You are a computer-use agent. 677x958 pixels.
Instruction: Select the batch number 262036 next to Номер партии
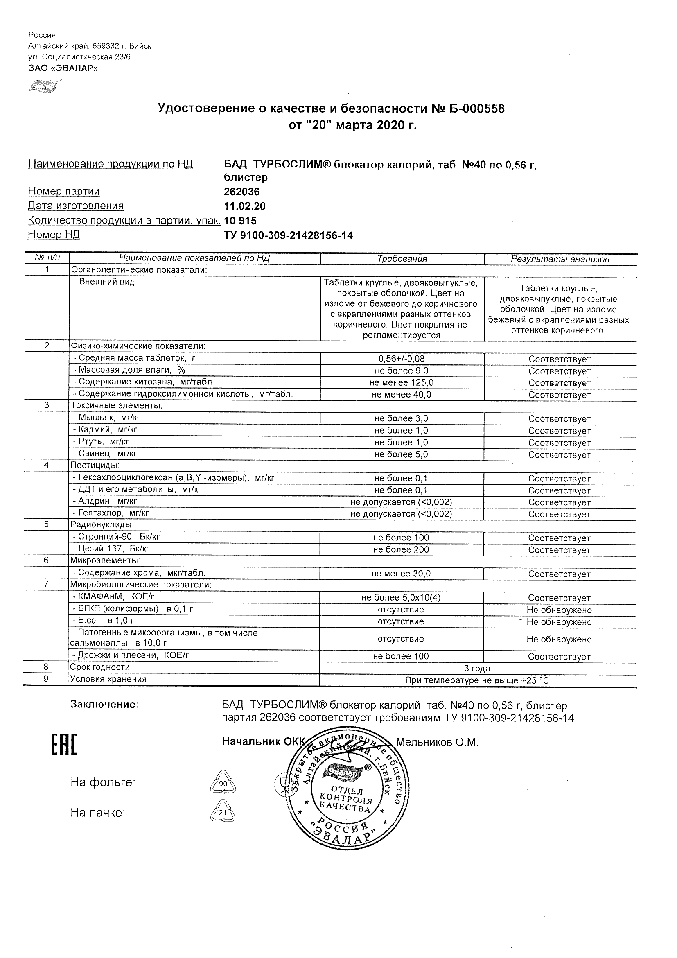241,192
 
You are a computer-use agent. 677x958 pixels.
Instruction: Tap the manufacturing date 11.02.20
244,206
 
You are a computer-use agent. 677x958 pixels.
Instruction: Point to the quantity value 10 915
240,221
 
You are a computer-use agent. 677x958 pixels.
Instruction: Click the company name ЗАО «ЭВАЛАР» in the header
63,68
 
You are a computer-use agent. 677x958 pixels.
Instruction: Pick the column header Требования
402,259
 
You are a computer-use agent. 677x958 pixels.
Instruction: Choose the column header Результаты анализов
560,259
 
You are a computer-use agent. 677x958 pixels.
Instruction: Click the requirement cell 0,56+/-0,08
401,358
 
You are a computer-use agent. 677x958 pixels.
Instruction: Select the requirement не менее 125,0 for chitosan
401,382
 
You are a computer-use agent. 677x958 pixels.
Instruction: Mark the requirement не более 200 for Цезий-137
401,549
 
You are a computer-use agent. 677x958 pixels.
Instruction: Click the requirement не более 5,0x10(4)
401,597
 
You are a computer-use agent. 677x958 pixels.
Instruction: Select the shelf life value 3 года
477,669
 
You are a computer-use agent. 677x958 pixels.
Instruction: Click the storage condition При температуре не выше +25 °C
477,680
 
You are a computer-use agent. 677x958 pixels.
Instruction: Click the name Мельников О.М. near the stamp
437,742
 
